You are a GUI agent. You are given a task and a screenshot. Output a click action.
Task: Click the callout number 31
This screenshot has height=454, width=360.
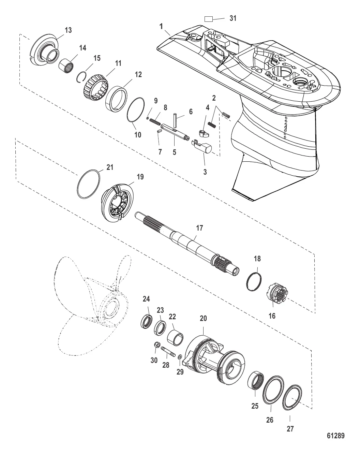tap(233, 18)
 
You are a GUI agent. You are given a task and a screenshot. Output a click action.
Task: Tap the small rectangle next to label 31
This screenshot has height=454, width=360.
tap(208, 19)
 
